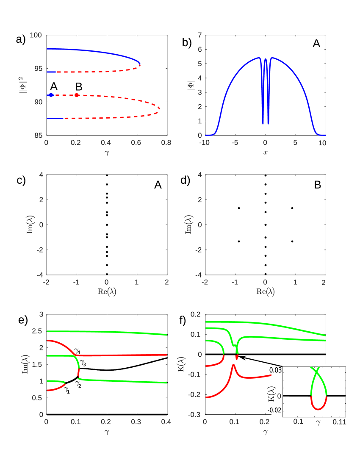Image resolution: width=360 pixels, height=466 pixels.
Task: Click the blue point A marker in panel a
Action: click(51, 95)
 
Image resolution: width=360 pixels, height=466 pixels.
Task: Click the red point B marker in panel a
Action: click(77, 95)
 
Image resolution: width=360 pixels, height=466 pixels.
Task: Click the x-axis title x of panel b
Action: click(265, 152)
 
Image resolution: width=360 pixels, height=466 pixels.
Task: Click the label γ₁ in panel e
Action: click(66, 391)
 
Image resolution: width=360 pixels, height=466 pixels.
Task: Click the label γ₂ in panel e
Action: click(79, 383)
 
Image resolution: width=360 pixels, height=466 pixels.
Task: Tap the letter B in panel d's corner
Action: click(316, 185)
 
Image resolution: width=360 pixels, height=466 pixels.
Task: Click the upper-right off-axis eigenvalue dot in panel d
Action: click(292, 208)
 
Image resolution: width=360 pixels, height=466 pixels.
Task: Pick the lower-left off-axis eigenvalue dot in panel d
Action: click(239, 241)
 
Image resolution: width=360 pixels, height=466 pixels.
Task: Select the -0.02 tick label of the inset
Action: click(274, 410)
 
